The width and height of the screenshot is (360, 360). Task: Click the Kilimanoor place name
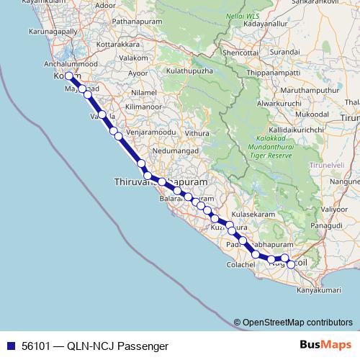[x=150, y=106]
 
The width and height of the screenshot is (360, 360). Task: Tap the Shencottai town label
[x=240, y=53]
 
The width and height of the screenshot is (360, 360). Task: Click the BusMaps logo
[x=323, y=345]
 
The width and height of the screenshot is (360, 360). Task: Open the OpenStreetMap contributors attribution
[x=297, y=323]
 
